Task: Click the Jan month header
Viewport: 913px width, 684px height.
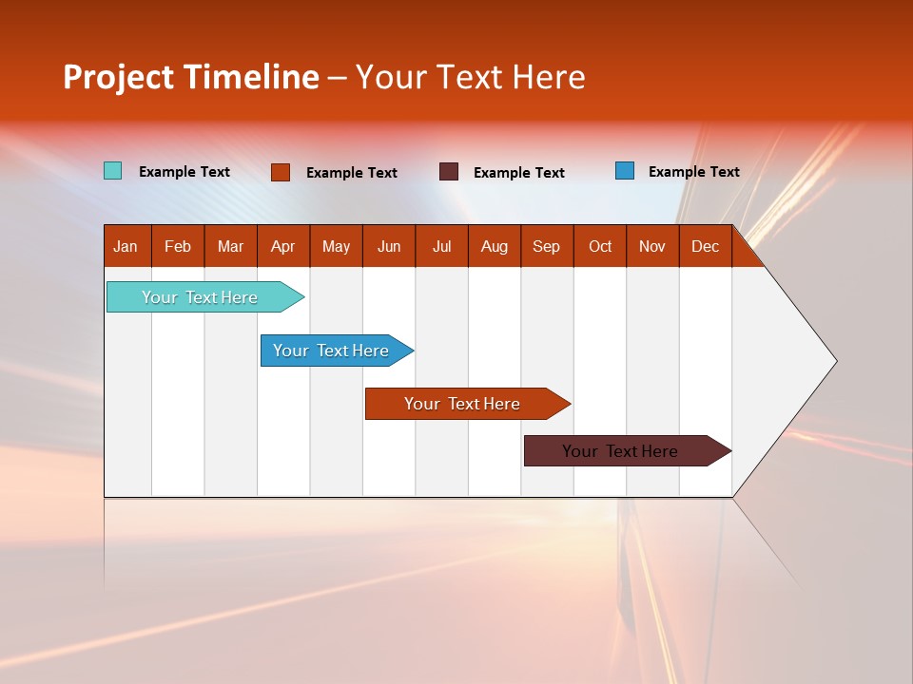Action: pos(126,246)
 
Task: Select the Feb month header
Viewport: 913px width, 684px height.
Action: pos(178,246)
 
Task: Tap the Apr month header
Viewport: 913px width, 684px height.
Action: pos(282,246)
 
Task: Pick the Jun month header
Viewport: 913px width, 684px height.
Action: pos(389,246)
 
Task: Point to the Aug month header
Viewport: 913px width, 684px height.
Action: pos(494,246)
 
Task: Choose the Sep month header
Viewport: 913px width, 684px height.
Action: pos(546,246)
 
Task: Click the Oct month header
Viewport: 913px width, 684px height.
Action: pos(600,246)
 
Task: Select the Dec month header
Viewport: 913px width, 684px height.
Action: pos(705,246)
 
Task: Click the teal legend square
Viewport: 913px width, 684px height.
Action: pos(112,171)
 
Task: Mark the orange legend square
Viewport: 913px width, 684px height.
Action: pos(280,172)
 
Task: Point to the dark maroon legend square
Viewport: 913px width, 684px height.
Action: pos(449,172)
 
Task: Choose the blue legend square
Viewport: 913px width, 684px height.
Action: pos(625,171)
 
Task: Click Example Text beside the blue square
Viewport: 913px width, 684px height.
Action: pos(693,172)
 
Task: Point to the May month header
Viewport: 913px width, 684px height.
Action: pos(336,246)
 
